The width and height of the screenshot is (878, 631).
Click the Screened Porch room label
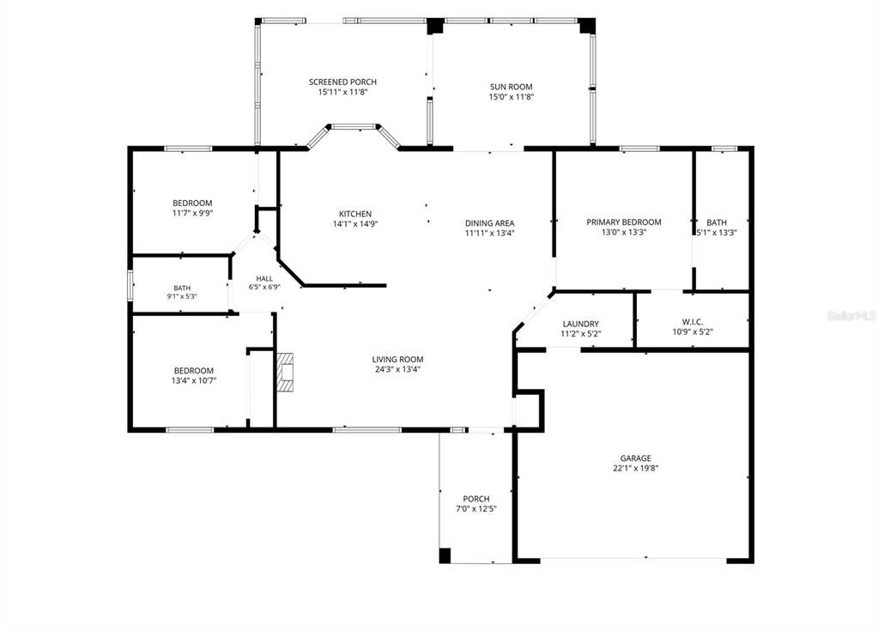(342, 82)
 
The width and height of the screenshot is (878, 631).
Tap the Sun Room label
(512, 87)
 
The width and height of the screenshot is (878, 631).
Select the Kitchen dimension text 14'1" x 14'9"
(355, 224)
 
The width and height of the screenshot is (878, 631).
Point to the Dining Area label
(489, 223)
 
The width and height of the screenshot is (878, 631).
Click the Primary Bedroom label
(624, 221)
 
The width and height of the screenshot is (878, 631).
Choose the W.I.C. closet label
(693, 322)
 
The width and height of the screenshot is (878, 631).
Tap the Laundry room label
(581, 324)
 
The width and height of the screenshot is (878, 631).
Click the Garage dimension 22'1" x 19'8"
(636, 468)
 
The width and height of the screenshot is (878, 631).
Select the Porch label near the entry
(476, 499)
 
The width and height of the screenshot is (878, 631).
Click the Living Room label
(397, 360)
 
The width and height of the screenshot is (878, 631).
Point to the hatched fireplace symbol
(286, 372)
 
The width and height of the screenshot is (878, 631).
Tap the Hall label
(264, 278)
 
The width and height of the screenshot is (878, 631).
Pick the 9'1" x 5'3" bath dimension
(182, 297)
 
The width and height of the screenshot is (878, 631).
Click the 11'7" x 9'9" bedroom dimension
(192, 213)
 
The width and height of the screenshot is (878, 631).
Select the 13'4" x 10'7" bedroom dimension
(194, 380)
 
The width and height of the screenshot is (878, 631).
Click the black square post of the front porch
(445, 555)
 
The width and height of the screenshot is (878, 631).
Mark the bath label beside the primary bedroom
(716, 222)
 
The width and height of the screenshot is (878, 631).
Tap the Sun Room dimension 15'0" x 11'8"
(512, 97)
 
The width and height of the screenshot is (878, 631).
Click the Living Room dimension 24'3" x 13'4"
(397, 369)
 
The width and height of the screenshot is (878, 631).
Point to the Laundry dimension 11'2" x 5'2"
(581, 334)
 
